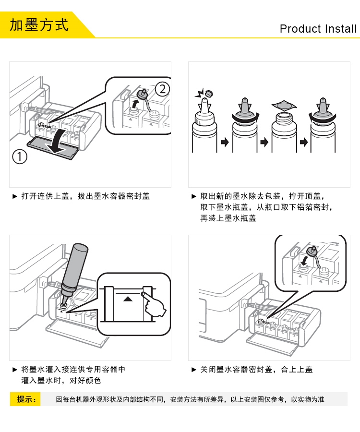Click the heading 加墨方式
(x=39, y=25)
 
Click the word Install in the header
(x=340, y=29)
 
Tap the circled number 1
(x=20, y=157)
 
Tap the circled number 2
(x=163, y=89)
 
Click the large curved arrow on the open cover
(x=58, y=141)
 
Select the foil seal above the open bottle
(x=284, y=106)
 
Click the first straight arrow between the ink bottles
(x=225, y=143)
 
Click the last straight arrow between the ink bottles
(x=303, y=143)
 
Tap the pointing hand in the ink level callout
(x=153, y=304)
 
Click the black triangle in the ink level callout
(x=127, y=299)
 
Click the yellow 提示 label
(x=25, y=399)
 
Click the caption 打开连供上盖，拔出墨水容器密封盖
(x=85, y=196)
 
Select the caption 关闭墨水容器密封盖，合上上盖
(x=256, y=369)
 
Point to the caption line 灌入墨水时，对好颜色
(x=61, y=381)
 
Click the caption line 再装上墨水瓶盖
(x=228, y=218)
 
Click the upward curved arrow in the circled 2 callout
(x=135, y=105)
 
